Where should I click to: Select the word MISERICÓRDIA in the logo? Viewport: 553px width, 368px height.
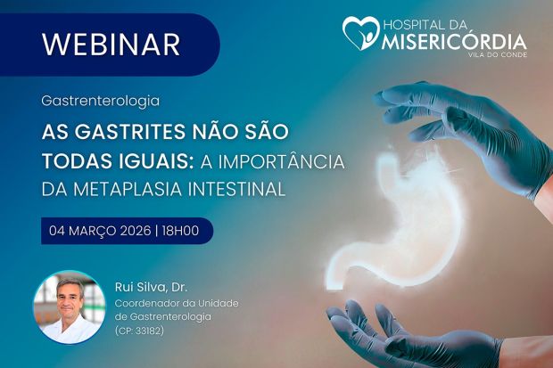[x=455, y=42]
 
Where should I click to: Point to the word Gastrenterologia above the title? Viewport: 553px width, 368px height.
[x=100, y=102]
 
